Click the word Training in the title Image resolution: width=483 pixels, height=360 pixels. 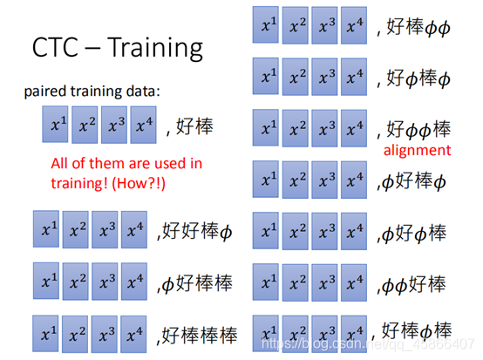[x=155, y=47]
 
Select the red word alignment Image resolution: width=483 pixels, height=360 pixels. [x=417, y=150]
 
